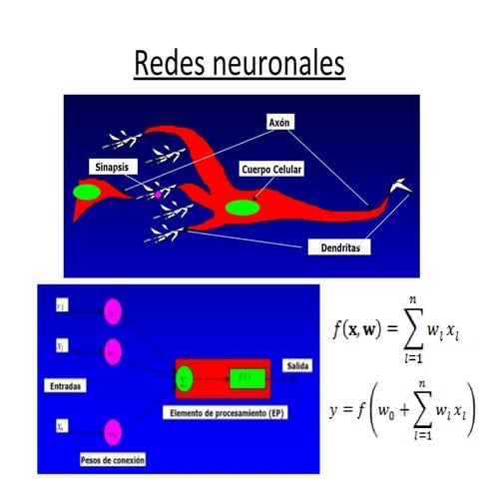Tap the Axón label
click(x=278, y=122)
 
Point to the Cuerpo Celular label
click(x=271, y=171)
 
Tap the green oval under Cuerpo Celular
click(x=241, y=208)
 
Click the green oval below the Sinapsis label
click(x=87, y=191)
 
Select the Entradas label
click(x=65, y=382)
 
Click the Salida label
click(x=297, y=365)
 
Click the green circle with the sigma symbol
click(x=185, y=379)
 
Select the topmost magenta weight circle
click(x=113, y=311)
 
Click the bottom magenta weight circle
click(x=113, y=432)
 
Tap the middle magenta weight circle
click(x=113, y=350)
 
